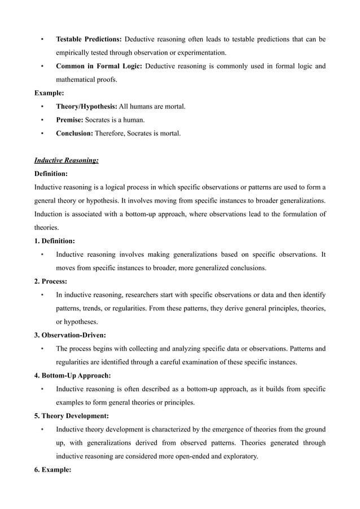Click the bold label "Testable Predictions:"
click(89, 39)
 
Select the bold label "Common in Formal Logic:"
click(99, 66)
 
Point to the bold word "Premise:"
click(71, 120)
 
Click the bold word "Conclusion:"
click(74, 133)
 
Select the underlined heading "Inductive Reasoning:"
click(67, 160)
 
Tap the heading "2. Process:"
click(51, 281)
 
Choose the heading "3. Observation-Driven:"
click(70, 335)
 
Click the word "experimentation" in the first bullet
click(200, 52)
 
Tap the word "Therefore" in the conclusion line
click(111, 133)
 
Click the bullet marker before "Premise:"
click(42, 120)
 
